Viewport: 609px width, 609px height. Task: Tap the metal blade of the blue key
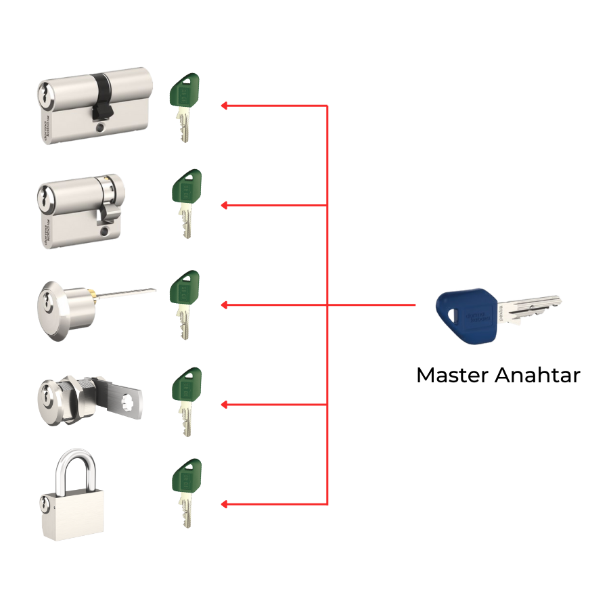(x=535, y=308)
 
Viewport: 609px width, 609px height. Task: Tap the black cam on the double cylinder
(x=101, y=95)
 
